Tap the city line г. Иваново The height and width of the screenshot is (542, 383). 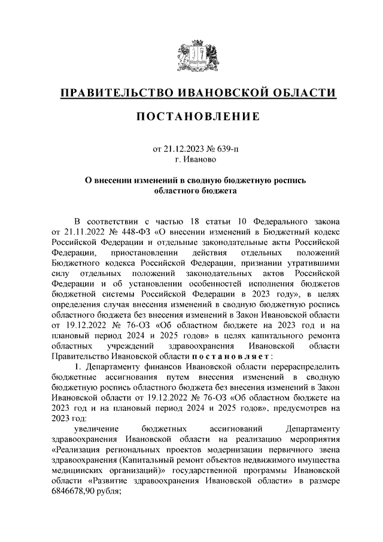click(191, 159)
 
